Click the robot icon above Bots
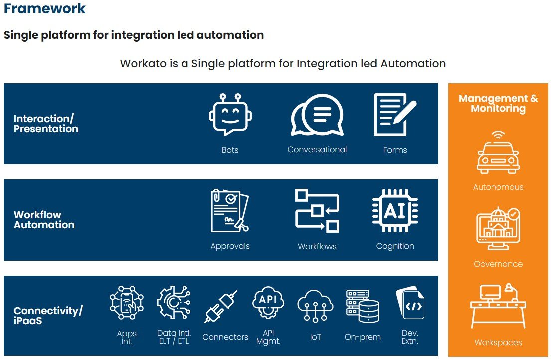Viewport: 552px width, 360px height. (x=230, y=114)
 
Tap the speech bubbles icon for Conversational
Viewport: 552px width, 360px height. (x=317, y=115)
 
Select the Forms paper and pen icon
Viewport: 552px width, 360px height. (x=395, y=114)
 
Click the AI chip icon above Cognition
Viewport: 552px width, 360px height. (x=395, y=211)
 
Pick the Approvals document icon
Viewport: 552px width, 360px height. (x=230, y=211)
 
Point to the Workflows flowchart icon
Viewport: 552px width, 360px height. (x=317, y=211)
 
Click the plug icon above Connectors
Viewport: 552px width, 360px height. (x=221, y=307)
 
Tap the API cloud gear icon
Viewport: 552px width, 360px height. (x=268, y=303)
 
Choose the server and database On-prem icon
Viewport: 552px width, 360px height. (x=363, y=306)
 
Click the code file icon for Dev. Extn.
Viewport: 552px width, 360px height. (x=410, y=303)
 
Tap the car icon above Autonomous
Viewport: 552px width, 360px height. (x=498, y=152)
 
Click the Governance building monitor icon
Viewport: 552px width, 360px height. (x=498, y=229)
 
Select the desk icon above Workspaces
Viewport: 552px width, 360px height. (x=498, y=306)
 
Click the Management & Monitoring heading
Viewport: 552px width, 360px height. (x=498, y=103)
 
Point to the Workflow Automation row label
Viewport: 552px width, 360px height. (x=44, y=220)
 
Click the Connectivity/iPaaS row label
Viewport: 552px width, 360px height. (x=48, y=315)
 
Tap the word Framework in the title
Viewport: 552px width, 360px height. (x=45, y=9)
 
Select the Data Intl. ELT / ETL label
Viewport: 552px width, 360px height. (x=174, y=337)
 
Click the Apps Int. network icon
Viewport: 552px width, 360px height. (x=127, y=303)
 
